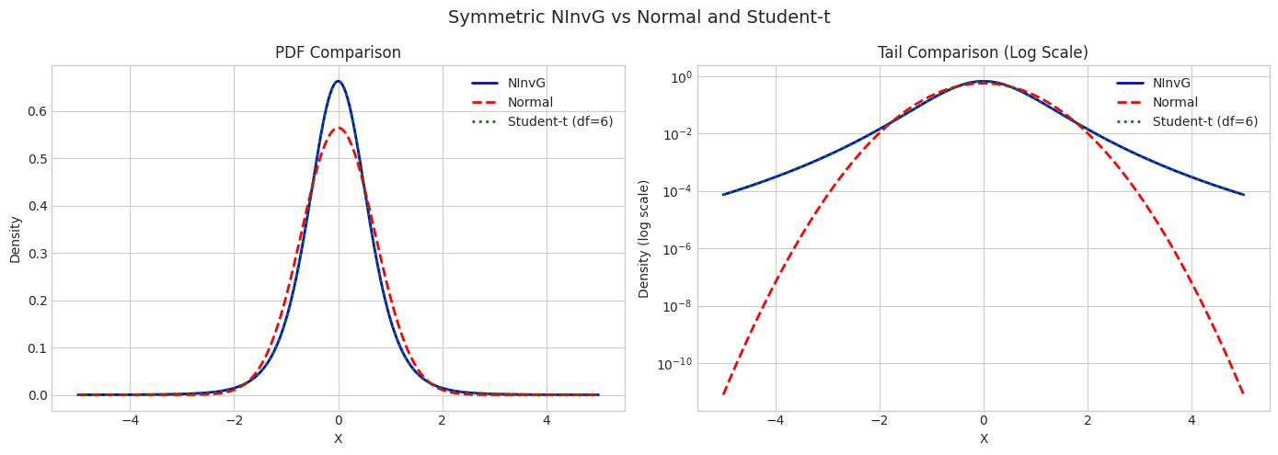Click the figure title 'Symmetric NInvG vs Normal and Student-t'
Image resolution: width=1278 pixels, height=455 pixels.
point(639,17)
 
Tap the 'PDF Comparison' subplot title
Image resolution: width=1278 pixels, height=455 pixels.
point(338,53)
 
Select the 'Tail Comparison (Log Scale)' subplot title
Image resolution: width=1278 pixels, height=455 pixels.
point(984,53)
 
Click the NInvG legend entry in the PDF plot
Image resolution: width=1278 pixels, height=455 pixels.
point(526,84)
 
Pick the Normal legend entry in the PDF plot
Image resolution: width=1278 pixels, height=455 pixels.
point(530,103)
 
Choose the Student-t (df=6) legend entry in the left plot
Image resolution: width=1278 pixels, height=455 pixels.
point(559,122)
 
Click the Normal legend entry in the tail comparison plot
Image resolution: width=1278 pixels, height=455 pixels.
point(1175,103)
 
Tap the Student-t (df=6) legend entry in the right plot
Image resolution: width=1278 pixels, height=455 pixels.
point(1204,122)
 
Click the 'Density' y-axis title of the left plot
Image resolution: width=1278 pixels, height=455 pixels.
point(16,239)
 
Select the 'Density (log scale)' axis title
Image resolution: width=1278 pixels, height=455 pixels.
point(644,239)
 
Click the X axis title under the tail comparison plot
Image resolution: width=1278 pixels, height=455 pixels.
point(984,439)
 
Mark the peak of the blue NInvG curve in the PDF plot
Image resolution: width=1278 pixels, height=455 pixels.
point(338,81)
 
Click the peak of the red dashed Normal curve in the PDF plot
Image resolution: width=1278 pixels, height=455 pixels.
point(338,128)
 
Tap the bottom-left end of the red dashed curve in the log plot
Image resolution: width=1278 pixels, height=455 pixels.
point(723,393)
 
